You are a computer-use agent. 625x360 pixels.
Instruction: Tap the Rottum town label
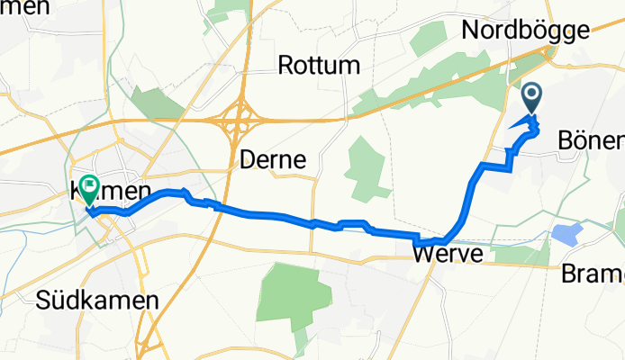[319, 66]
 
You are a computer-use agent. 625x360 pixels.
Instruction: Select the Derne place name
[273, 160]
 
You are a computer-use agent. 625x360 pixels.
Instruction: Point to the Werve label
[448, 256]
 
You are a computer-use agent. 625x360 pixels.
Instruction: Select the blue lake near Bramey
[567, 235]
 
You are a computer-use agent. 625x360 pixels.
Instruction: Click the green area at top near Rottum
[222, 11]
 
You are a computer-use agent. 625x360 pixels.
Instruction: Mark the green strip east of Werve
[518, 255]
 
